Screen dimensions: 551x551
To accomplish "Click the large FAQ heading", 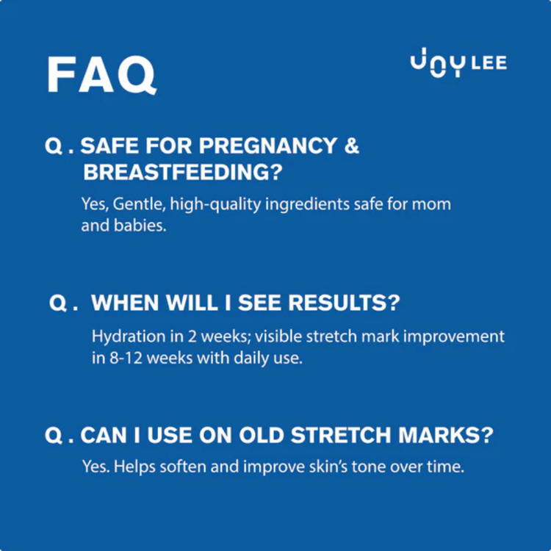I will (x=101, y=73).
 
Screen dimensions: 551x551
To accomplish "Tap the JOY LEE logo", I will (x=458, y=65).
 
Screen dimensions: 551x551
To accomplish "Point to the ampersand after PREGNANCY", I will (x=352, y=145).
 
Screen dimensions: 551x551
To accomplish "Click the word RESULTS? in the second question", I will (x=346, y=303).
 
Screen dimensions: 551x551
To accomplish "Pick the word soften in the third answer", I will (x=184, y=467).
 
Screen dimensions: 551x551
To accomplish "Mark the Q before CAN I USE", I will (x=54, y=436).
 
